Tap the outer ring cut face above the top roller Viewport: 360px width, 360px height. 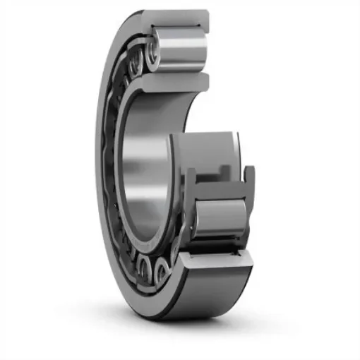click(176, 18)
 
